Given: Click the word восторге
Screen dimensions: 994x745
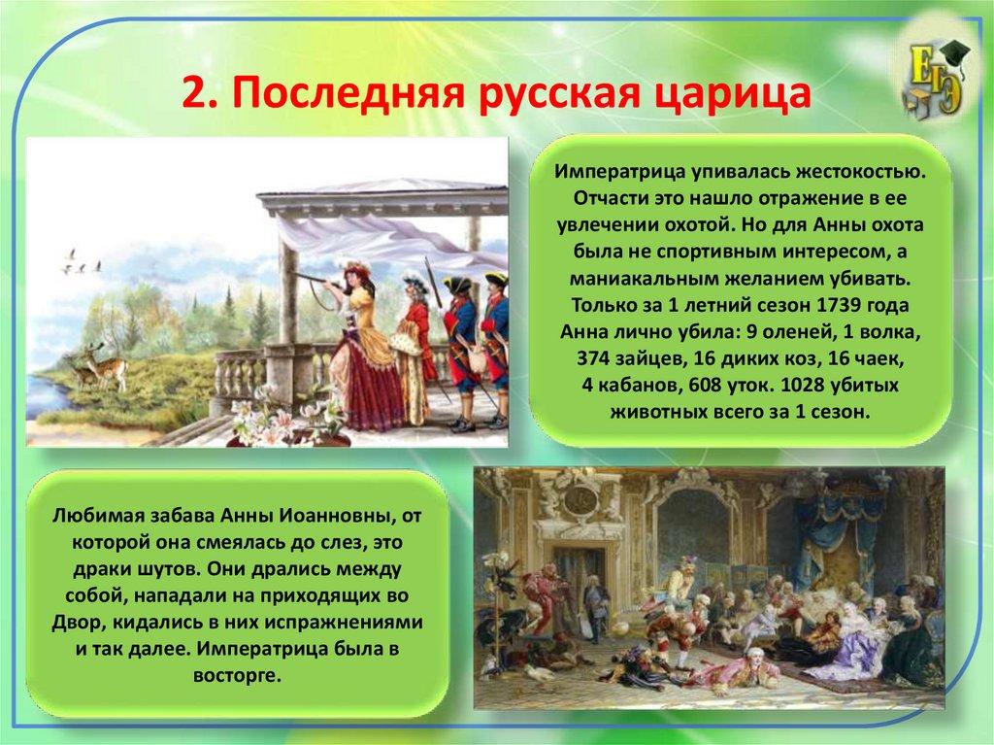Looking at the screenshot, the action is [237, 675].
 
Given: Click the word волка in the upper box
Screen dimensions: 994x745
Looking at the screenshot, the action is [887, 332].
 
